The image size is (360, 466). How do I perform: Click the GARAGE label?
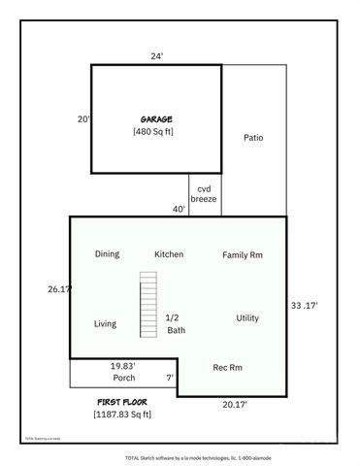155,119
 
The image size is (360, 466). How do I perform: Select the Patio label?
253,138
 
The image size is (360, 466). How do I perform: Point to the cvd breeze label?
204,193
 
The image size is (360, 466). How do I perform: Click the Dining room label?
107,254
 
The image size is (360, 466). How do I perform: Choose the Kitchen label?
169,254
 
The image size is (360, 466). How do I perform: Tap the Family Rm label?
243,255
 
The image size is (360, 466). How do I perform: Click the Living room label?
105,324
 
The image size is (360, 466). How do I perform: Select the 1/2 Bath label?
175,324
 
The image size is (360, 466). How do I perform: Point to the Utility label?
247,318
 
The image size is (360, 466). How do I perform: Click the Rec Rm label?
227,367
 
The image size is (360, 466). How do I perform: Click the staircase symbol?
147,304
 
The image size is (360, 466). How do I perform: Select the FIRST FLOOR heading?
121,401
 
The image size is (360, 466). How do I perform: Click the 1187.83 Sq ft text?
122,415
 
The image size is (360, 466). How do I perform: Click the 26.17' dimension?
59,288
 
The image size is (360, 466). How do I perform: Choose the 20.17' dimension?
235,404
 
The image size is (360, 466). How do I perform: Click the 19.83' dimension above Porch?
122,366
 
